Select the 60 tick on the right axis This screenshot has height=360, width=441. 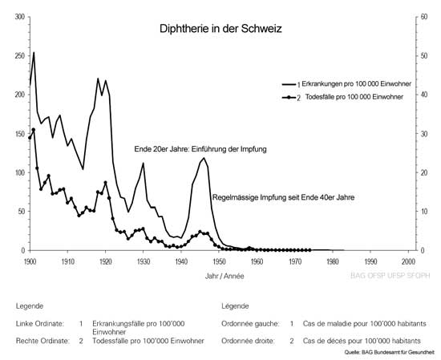pyautogui.click(x=420, y=17)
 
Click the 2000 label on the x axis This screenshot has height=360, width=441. pyautogui.click(x=408, y=261)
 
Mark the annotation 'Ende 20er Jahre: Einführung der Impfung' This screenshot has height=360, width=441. pyautogui.click(x=200, y=150)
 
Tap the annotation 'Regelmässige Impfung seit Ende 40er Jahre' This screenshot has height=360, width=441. pyautogui.click(x=282, y=196)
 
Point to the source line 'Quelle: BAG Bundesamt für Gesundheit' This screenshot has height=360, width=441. pyautogui.click(x=390, y=351)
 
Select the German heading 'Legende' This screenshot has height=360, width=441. pyautogui.click(x=29, y=306)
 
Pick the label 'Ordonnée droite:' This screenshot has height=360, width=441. pyautogui.click(x=249, y=340)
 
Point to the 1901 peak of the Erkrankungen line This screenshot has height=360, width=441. pyautogui.click(x=34, y=53)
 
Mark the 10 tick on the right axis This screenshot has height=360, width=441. pyautogui.click(x=420, y=212)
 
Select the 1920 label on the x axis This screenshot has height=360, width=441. pyautogui.click(x=105, y=261)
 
